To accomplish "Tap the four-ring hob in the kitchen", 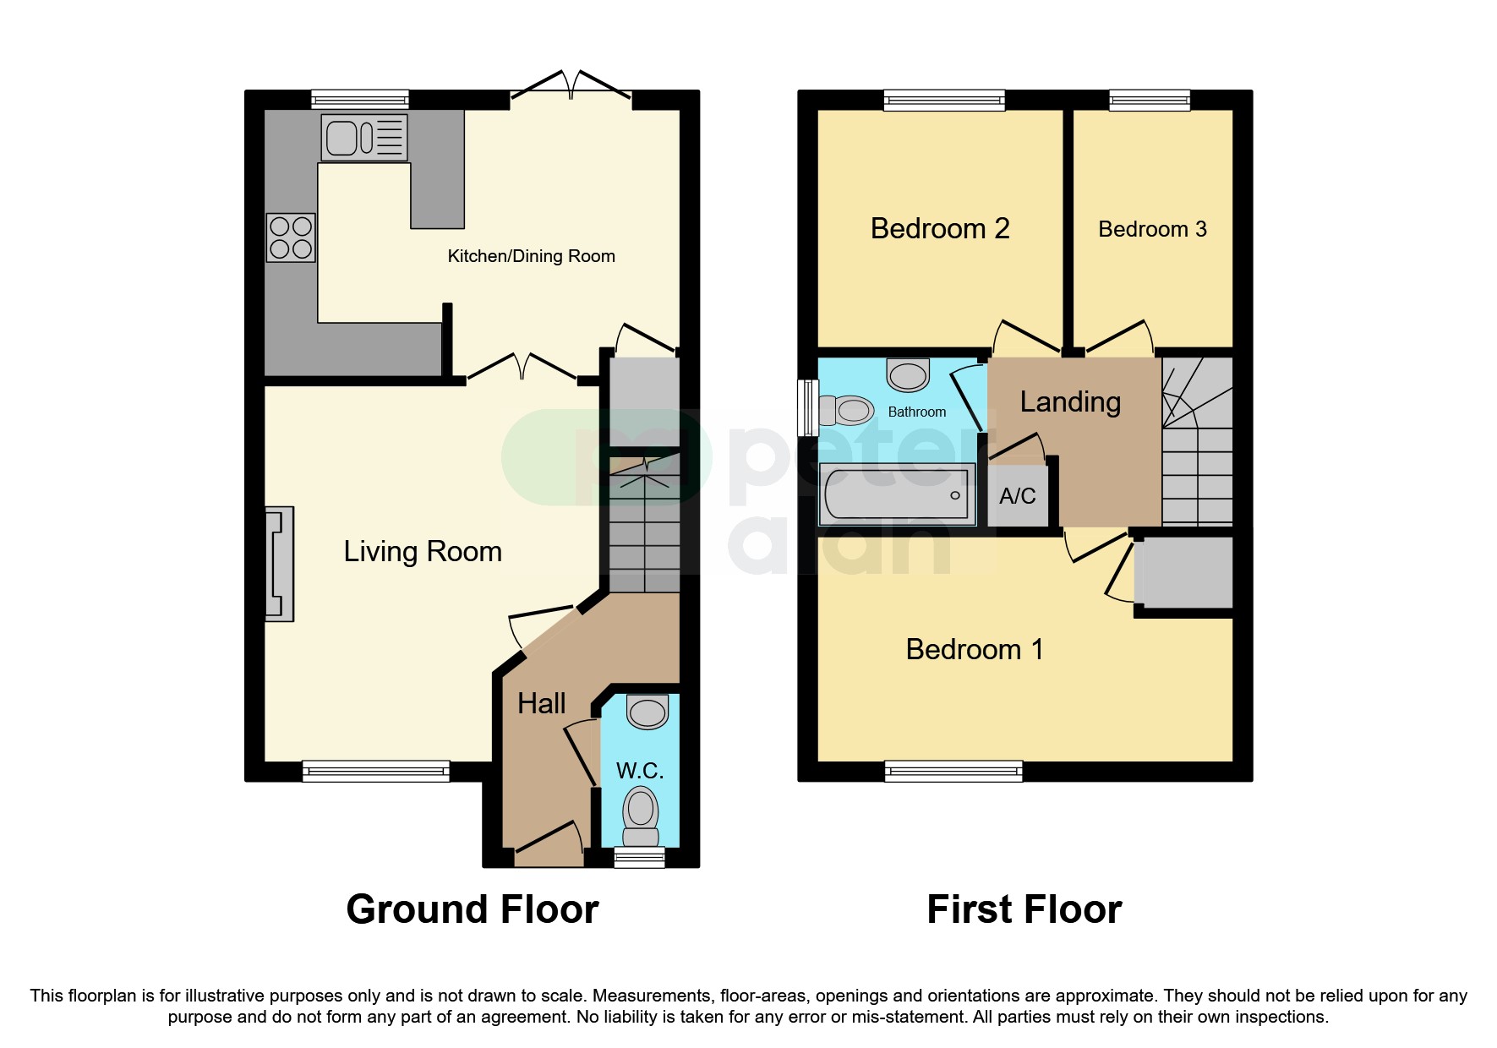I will pyautogui.click(x=291, y=237).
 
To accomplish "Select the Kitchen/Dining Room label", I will pyautogui.click(x=531, y=256).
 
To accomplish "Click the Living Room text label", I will pyautogui.click(x=423, y=551).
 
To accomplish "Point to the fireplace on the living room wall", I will pyautogui.click(x=279, y=564).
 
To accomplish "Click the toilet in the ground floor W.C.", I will pyautogui.click(x=641, y=816).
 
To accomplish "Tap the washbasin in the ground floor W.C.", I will pyautogui.click(x=647, y=712).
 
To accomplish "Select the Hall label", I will pyautogui.click(x=541, y=703).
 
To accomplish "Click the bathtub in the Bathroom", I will pyautogui.click(x=897, y=494).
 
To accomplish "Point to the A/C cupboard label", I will pyautogui.click(x=1017, y=496).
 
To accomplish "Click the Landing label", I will pyautogui.click(x=1070, y=401).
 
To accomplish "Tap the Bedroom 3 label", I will pyautogui.click(x=1152, y=229).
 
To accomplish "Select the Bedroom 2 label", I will pyautogui.click(x=940, y=228).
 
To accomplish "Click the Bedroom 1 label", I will pyautogui.click(x=974, y=649).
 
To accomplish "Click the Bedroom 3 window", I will pyautogui.click(x=1150, y=101).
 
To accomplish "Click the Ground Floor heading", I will pyautogui.click(x=473, y=909).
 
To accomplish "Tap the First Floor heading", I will pyautogui.click(x=1024, y=909).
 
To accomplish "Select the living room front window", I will pyautogui.click(x=376, y=770).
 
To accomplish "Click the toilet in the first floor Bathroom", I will pyautogui.click(x=849, y=411).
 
